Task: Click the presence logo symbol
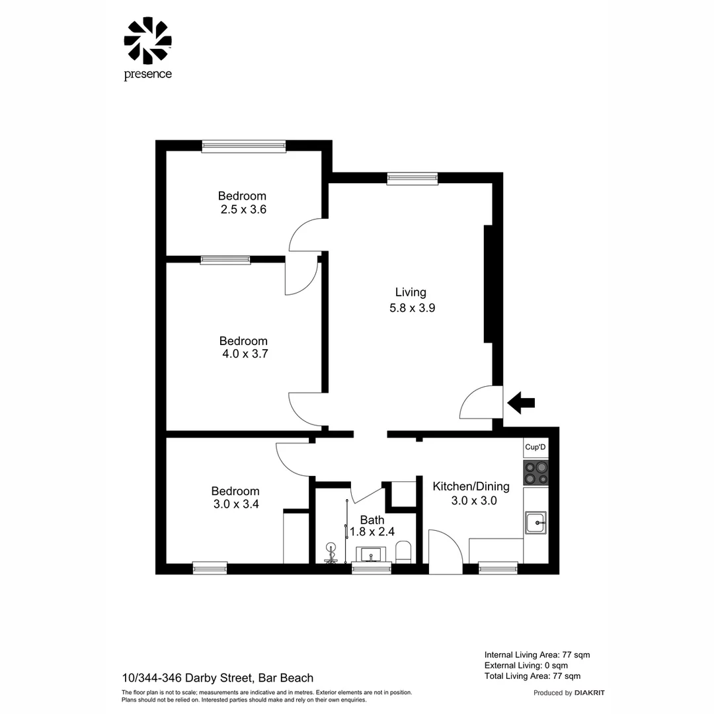(x=147, y=40)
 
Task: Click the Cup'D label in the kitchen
(x=535, y=448)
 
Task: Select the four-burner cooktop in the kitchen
(x=535, y=473)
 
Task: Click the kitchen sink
(x=535, y=522)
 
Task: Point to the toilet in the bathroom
(x=403, y=552)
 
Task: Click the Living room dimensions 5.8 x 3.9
(x=411, y=307)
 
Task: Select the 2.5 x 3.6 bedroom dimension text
(x=243, y=210)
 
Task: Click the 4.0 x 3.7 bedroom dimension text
(x=244, y=354)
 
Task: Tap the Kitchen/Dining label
(x=471, y=487)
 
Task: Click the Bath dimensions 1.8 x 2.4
(x=372, y=532)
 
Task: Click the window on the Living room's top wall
(x=413, y=178)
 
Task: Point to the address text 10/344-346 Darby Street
(x=218, y=678)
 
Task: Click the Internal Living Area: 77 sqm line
(x=537, y=654)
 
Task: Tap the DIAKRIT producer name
(x=589, y=693)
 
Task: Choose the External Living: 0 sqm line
(x=526, y=665)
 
